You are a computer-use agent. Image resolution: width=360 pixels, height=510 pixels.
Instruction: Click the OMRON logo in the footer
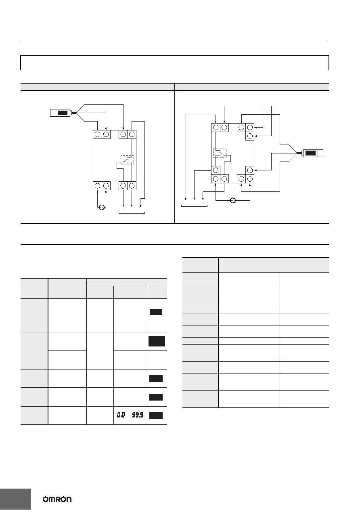57,499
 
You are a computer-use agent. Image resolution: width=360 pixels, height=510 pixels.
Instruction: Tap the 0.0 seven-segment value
121,415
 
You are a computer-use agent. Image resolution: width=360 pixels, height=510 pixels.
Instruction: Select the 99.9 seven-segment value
138,415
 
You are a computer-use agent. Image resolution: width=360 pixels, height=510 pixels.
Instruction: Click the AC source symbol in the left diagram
102,207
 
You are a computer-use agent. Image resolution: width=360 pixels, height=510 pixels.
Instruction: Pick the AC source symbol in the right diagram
232,200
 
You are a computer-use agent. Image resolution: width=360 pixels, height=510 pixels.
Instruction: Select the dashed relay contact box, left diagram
127,160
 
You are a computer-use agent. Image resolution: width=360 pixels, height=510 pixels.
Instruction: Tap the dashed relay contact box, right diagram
220,153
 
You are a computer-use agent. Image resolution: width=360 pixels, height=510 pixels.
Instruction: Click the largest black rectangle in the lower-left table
157,341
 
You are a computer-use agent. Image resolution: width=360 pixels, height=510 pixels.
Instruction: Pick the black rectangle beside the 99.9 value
156,416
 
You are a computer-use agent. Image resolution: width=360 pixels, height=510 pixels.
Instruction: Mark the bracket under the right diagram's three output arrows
195,206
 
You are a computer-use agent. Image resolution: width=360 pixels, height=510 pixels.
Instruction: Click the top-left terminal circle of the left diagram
97,134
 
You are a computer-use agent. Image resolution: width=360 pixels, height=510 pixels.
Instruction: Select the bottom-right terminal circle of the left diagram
132,186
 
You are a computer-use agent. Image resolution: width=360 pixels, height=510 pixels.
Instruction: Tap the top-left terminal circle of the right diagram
216,128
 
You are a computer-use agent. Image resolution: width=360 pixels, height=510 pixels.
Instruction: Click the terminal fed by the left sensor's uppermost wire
123,134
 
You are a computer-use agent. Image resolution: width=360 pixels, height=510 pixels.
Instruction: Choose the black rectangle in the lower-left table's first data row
156,312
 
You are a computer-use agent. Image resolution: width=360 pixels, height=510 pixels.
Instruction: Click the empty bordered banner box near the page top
175,63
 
